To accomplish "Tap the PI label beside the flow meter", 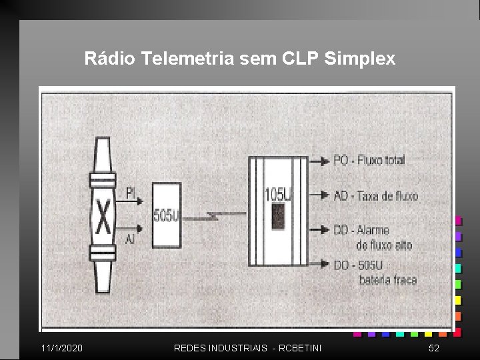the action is [x=131, y=193].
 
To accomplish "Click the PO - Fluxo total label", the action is [x=369, y=160].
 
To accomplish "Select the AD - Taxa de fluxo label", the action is [x=375, y=195].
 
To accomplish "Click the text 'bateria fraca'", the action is [x=387, y=279].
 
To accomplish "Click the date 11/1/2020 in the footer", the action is [x=62, y=348].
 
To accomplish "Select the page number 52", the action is [x=433, y=348].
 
